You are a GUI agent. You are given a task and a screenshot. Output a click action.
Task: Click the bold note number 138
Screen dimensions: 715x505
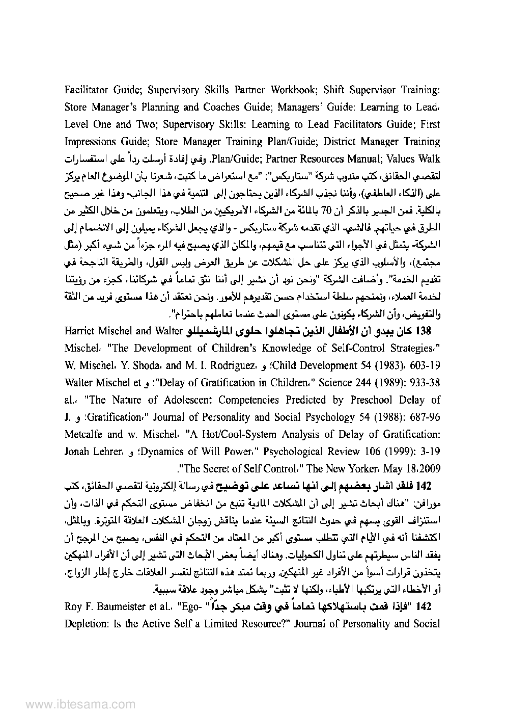coord(424,332)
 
